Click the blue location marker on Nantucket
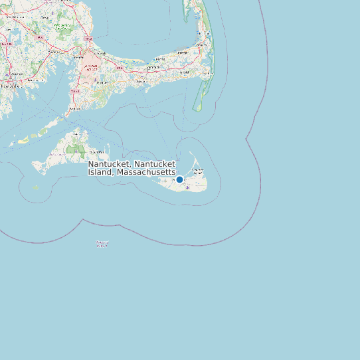(179, 179)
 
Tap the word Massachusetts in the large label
(145, 172)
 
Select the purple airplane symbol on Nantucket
(188, 187)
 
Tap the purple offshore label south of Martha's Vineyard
(102, 244)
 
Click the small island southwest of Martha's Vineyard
(36, 188)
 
